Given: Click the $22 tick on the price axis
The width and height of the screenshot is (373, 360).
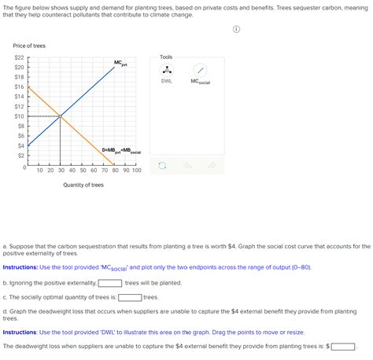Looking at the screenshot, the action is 19,58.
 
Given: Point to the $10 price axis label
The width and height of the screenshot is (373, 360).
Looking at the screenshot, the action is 19,116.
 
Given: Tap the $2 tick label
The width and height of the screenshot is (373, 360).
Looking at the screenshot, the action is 20,155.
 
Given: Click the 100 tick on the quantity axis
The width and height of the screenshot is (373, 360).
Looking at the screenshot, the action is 136,171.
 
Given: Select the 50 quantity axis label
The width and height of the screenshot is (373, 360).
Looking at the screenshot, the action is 83,171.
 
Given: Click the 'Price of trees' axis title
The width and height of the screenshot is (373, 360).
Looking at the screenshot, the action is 30,46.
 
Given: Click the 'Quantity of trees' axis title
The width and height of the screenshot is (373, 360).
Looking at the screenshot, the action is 83,186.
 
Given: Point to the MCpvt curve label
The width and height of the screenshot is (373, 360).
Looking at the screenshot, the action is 120,63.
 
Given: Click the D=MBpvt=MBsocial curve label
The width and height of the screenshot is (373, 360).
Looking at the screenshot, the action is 120,149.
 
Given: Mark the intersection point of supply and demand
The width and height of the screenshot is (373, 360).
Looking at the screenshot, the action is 61,116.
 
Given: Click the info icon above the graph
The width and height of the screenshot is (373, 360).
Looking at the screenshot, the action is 236,31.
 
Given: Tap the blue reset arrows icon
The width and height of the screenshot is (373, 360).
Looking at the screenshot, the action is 162,166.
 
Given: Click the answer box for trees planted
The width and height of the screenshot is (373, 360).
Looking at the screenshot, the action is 109,283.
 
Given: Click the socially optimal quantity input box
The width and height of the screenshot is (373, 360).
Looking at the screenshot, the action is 130,297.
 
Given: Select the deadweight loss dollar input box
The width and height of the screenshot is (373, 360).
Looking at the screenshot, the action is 343,346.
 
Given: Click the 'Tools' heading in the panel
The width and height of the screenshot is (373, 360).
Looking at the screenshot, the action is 166,57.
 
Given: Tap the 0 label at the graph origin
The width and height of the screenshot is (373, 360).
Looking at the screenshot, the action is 24,167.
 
